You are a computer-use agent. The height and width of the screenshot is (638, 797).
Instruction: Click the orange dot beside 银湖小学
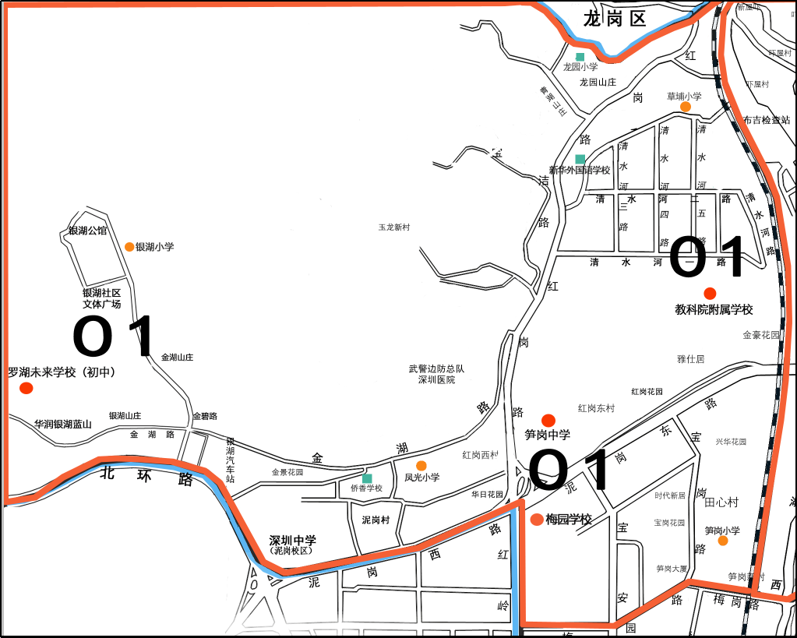[129, 247]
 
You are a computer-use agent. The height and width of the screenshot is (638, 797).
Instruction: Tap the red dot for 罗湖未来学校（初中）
[26, 388]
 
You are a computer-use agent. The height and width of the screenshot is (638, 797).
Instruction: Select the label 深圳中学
[293, 540]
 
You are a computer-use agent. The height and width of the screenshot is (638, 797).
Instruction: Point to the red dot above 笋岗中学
[548, 420]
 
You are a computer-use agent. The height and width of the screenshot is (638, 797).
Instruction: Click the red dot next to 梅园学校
[537, 520]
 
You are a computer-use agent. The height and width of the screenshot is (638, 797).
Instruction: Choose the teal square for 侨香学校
[367, 478]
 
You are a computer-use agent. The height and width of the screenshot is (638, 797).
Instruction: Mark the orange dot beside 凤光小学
[421, 466]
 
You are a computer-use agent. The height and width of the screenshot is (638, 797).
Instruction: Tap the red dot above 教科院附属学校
[710, 293]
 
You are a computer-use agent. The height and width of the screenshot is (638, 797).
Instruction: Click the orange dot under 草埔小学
[686, 107]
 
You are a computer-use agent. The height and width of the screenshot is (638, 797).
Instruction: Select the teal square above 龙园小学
[580, 57]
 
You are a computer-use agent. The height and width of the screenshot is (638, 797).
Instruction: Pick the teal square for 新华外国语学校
[580, 159]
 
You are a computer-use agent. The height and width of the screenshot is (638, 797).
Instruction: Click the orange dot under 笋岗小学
[723, 541]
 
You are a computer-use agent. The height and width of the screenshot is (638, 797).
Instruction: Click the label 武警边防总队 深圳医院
[436, 374]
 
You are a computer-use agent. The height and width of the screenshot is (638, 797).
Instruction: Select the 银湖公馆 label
[87, 231]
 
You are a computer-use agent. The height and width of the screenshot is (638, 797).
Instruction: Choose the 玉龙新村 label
[393, 227]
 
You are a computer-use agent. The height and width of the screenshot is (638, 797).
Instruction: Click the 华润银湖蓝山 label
[63, 425]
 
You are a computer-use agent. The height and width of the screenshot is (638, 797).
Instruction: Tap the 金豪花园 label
[761, 335]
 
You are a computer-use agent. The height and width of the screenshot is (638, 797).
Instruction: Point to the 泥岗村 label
[376, 520]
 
